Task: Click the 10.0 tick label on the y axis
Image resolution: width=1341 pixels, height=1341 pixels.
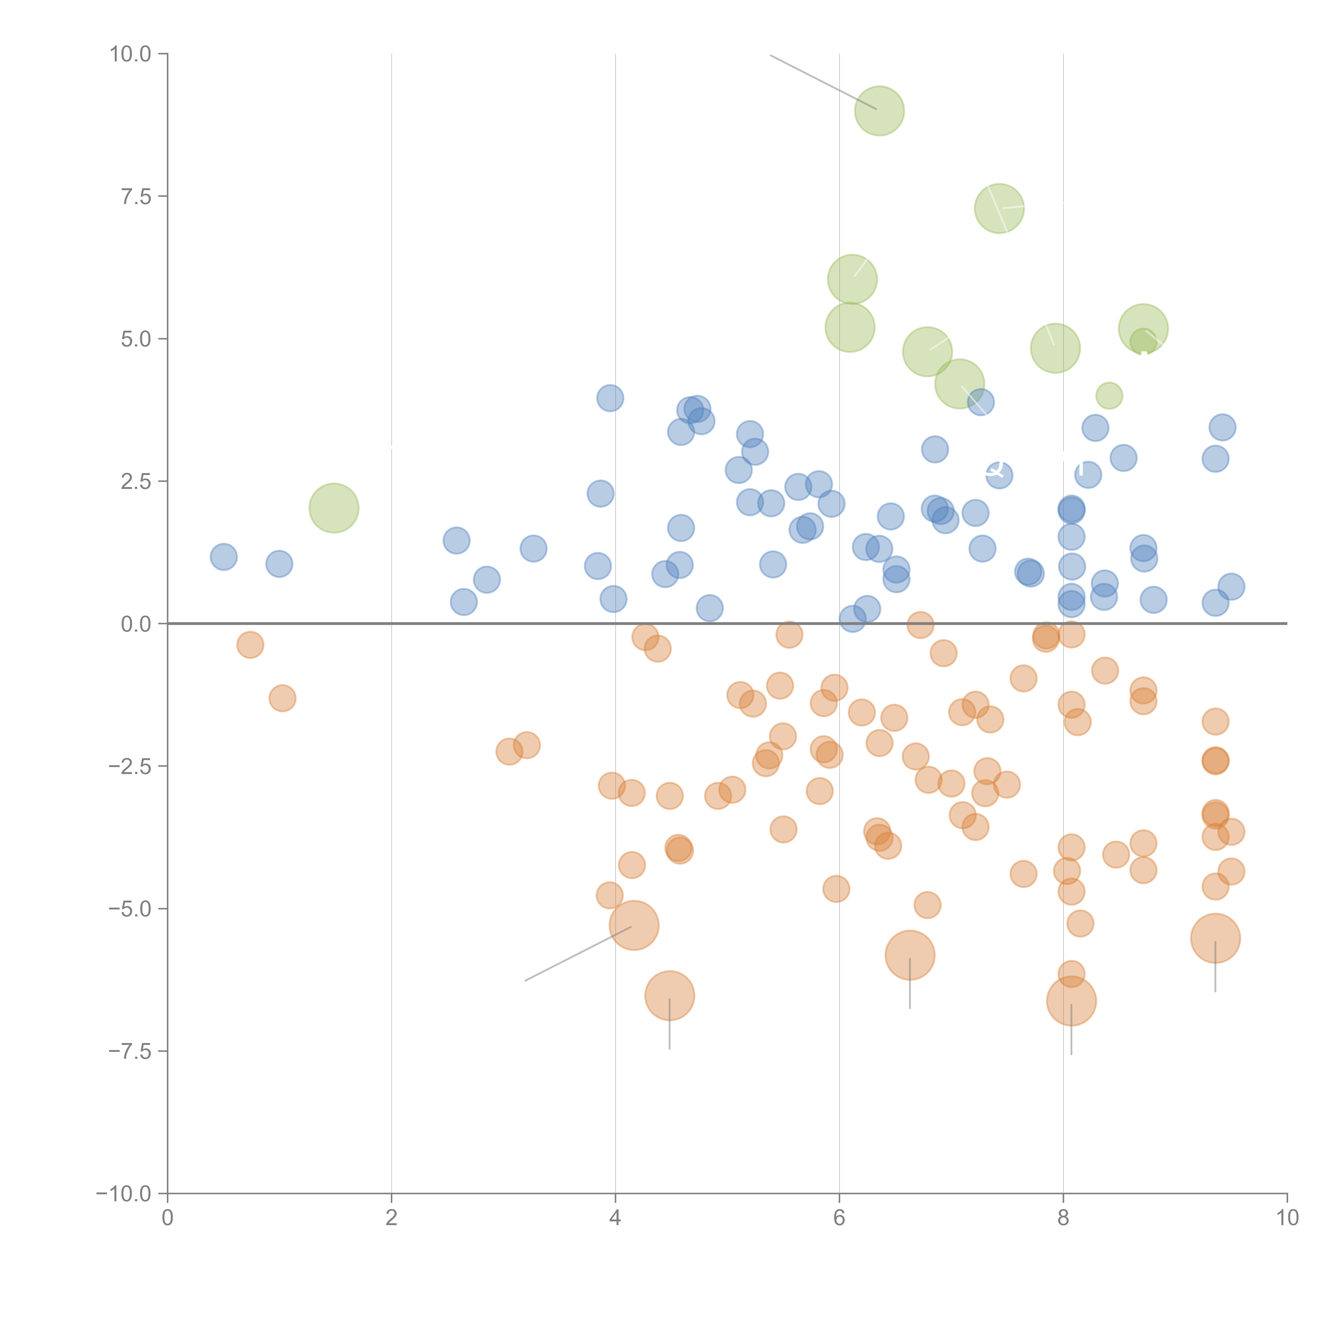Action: pos(131,54)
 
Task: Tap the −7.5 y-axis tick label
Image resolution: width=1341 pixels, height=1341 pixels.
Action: pos(131,1051)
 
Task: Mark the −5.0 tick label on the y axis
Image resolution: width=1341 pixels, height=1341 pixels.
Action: pos(131,909)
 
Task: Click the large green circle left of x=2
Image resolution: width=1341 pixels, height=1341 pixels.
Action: pos(334,508)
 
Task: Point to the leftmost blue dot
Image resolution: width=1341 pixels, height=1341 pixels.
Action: pos(223,557)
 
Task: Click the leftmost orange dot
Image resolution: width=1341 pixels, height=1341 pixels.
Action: pos(250,645)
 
